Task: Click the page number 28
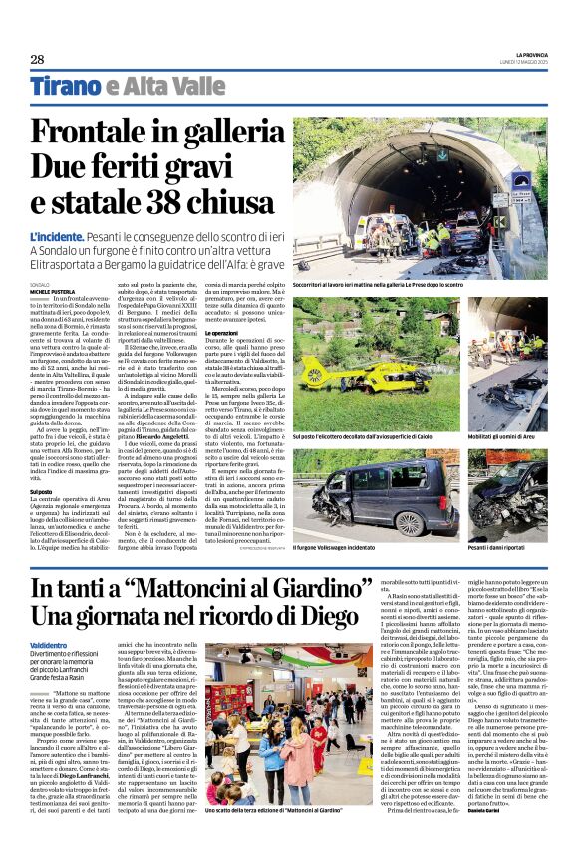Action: coord(37,59)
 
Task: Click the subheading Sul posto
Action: coord(41,492)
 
